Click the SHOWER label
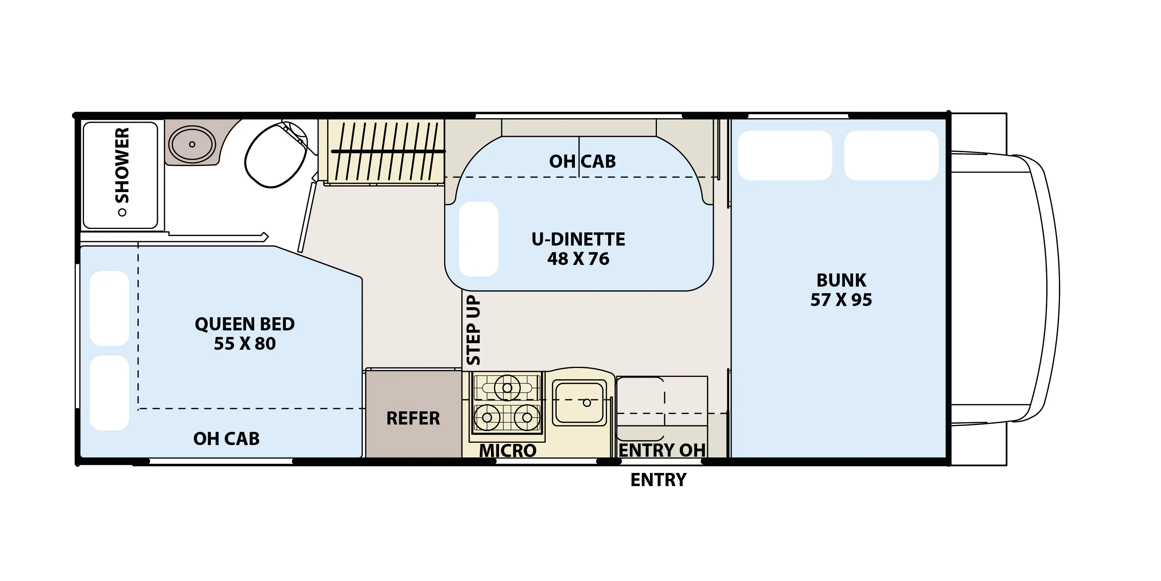[x=122, y=165]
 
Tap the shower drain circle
[x=122, y=212]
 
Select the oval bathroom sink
[x=192, y=144]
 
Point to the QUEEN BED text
[x=245, y=324]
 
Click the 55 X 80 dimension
[x=245, y=344]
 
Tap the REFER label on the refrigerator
[x=413, y=418]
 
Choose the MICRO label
[x=508, y=450]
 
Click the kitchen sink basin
[x=579, y=403]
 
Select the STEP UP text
[x=473, y=330]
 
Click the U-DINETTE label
[x=578, y=239]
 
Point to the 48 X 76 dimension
[x=578, y=259]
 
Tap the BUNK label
[x=841, y=280]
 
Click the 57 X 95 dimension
[x=841, y=300]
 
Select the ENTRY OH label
[x=662, y=450]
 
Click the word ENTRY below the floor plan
[x=658, y=480]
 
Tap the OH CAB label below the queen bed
[x=226, y=439]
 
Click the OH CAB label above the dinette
[x=582, y=162]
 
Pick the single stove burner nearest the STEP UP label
[x=487, y=417]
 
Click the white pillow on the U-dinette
[x=478, y=239]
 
